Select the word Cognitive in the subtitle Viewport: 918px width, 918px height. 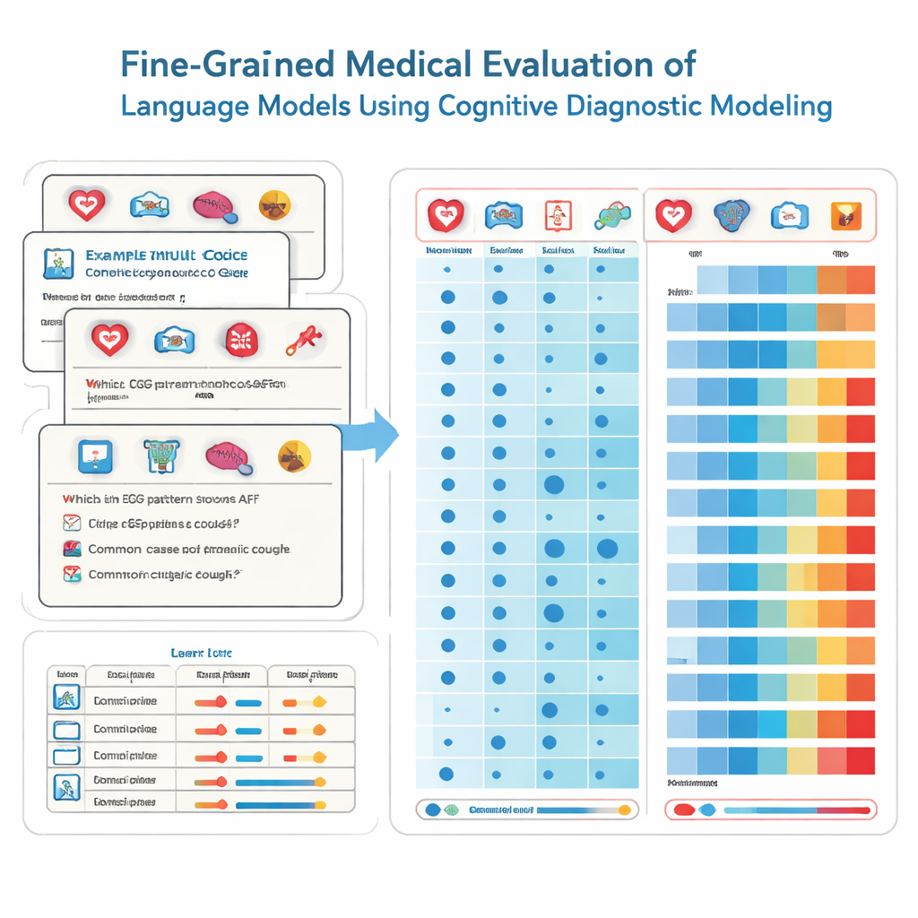(x=499, y=106)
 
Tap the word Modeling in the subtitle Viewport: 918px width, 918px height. (x=770, y=106)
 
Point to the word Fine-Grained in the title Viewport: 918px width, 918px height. (x=228, y=66)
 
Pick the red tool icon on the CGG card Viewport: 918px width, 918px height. (x=302, y=339)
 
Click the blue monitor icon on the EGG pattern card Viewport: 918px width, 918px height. (x=93, y=455)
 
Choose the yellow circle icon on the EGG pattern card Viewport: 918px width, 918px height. (x=295, y=455)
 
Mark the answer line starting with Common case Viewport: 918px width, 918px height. (x=189, y=549)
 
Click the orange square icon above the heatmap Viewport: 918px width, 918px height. (x=843, y=214)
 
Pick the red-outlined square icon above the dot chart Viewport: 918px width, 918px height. (x=557, y=215)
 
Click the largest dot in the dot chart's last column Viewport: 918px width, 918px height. (x=607, y=548)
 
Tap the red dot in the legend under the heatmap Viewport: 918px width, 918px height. (x=684, y=810)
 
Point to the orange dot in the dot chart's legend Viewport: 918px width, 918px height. (x=625, y=810)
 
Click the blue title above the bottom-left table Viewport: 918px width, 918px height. (x=201, y=653)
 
